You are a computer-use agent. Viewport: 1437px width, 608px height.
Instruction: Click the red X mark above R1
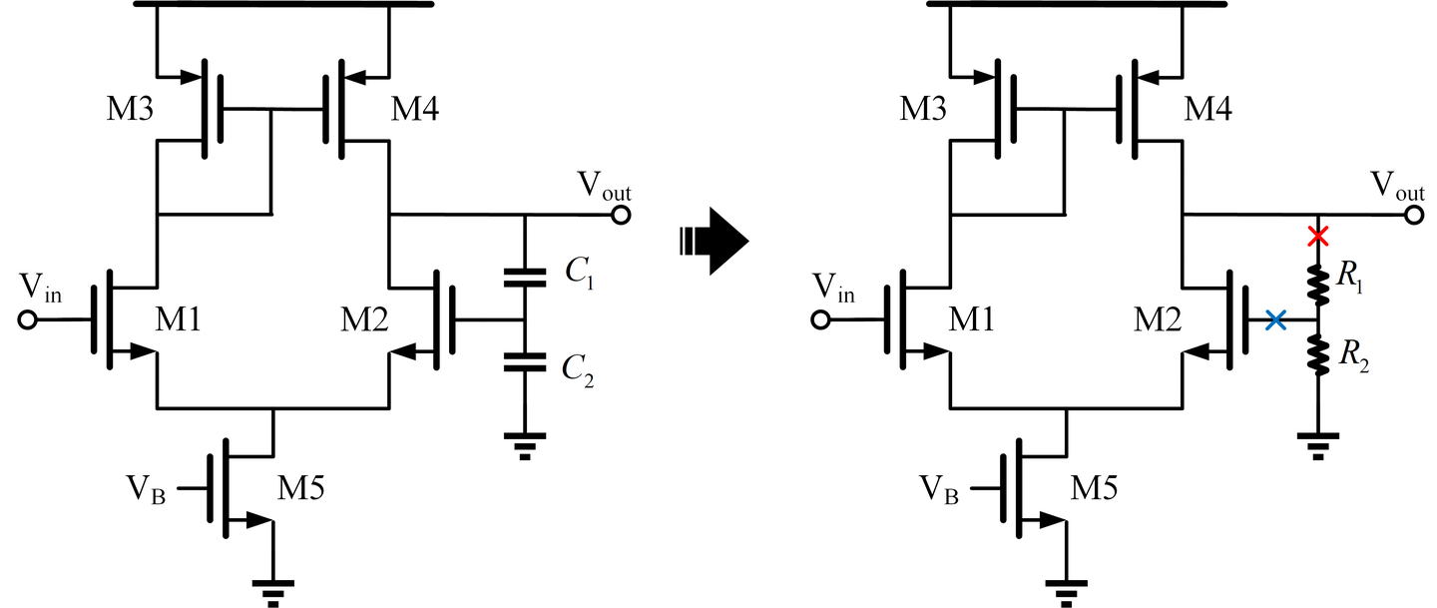(1318, 237)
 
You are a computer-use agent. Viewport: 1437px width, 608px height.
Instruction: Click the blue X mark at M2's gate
(1274, 320)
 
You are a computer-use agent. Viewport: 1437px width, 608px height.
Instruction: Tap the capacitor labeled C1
(525, 276)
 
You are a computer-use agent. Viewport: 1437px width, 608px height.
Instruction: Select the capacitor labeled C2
(525, 360)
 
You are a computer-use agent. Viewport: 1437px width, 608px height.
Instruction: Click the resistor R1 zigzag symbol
(1318, 284)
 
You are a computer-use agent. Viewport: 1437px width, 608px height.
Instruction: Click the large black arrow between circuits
(714, 241)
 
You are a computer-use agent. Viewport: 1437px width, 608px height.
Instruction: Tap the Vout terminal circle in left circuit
(621, 215)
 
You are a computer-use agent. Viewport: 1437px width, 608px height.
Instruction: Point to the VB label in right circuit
(942, 490)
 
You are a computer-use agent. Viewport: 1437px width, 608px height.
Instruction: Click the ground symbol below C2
(525, 441)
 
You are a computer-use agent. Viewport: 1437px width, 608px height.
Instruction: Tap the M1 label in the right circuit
(974, 320)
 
